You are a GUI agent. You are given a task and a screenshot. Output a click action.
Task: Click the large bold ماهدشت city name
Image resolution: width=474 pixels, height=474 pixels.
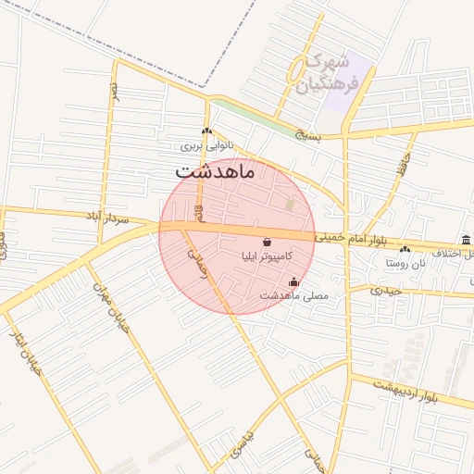(219, 171)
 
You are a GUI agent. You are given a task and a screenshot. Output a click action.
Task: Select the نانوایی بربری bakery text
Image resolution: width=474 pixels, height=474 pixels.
(203, 146)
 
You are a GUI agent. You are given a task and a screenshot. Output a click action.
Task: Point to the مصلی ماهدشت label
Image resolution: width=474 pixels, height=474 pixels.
(293, 295)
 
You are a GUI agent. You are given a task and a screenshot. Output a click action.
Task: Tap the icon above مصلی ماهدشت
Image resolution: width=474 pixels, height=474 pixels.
(294, 282)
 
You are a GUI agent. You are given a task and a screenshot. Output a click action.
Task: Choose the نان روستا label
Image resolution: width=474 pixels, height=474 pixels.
(405, 262)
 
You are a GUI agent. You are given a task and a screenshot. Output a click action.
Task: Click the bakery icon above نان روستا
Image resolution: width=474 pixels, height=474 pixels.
(405, 249)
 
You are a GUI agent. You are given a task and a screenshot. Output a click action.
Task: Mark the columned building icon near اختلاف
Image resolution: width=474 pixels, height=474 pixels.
(466, 240)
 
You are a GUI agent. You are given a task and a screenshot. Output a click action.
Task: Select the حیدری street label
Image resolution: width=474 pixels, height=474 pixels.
(388, 291)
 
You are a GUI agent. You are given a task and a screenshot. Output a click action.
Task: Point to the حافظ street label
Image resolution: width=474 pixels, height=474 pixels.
(402, 168)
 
